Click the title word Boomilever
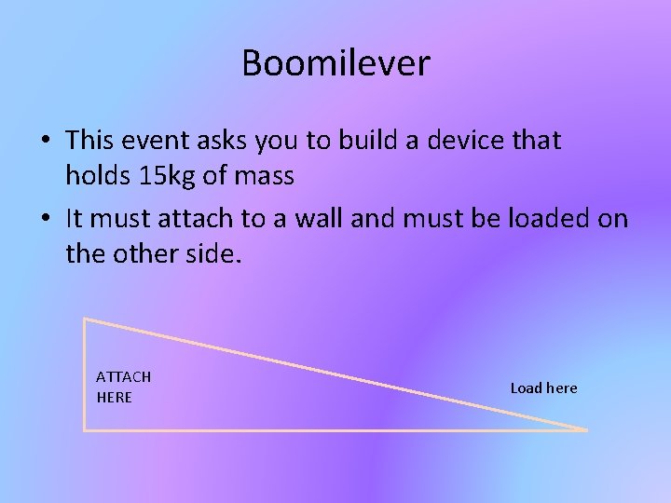point(335,63)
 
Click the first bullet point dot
point(45,142)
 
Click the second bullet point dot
point(45,220)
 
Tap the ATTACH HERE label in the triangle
point(123,387)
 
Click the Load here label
point(543,387)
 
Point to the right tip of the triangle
point(587,429)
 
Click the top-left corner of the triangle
point(85,319)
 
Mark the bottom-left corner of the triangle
point(85,429)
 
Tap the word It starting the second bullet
point(75,219)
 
